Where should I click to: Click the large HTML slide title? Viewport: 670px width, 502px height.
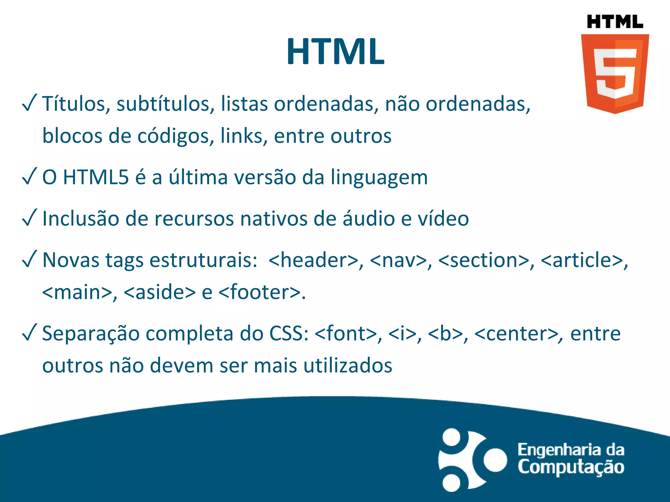[x=335, y=52]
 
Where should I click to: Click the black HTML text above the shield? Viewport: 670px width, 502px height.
[x=615, y=22]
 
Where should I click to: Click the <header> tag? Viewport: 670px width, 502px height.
[x=313, y=260]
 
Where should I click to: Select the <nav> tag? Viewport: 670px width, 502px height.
[x=398, y=260]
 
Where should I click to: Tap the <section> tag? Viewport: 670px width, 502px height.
[x=484, y=260]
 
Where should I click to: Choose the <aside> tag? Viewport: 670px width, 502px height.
[x=160, y=292]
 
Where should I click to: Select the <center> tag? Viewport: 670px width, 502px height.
[x=516, y=333]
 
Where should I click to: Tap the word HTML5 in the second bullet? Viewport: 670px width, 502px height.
[x=96, y=177]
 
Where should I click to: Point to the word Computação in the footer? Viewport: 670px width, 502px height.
[x=571, y=467]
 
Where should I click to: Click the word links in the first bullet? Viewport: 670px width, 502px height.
[x=241, y=136]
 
